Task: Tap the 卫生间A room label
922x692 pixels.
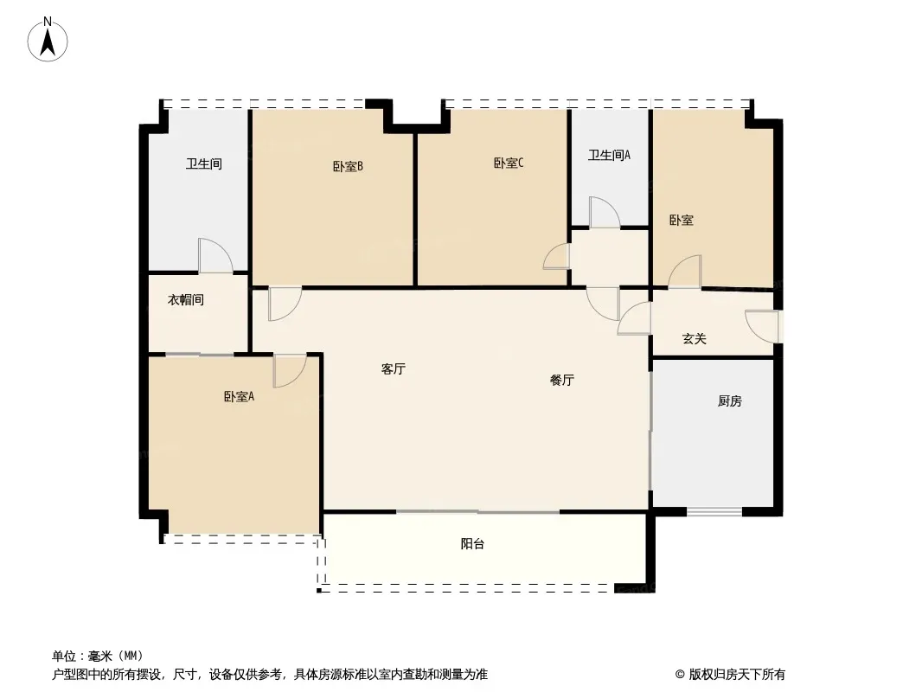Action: (x=609, y=155)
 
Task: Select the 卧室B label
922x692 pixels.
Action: (x=348, y=166)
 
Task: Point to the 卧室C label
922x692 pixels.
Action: (x=509, y=163)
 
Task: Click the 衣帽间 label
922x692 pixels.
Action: (x=186, y=300)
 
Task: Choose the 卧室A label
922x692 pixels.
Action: (x=239, y=397)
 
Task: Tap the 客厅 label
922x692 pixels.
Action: (x=394, y=368)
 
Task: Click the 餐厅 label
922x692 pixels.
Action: (x=561, y=380)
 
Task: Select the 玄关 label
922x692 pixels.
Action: (x=694, y=339)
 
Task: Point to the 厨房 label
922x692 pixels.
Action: (x=730, y=401)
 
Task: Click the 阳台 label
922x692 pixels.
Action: (x=472, y=544)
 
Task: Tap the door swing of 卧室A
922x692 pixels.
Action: (x=289, y=370)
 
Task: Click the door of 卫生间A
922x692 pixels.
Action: (x=605, y=212)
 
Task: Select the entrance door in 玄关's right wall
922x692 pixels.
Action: (x=763, y=326)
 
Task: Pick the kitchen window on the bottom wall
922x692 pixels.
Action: (x=714, y=511)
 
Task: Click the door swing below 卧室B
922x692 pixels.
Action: (x=285, y=304)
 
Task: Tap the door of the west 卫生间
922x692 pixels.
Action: (x=215, y=255)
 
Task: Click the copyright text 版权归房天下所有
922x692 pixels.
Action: (x=737, y=675)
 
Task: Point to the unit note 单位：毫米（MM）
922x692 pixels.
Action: (x=98, y=656)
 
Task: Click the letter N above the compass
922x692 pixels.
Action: (x=48, y=22)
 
